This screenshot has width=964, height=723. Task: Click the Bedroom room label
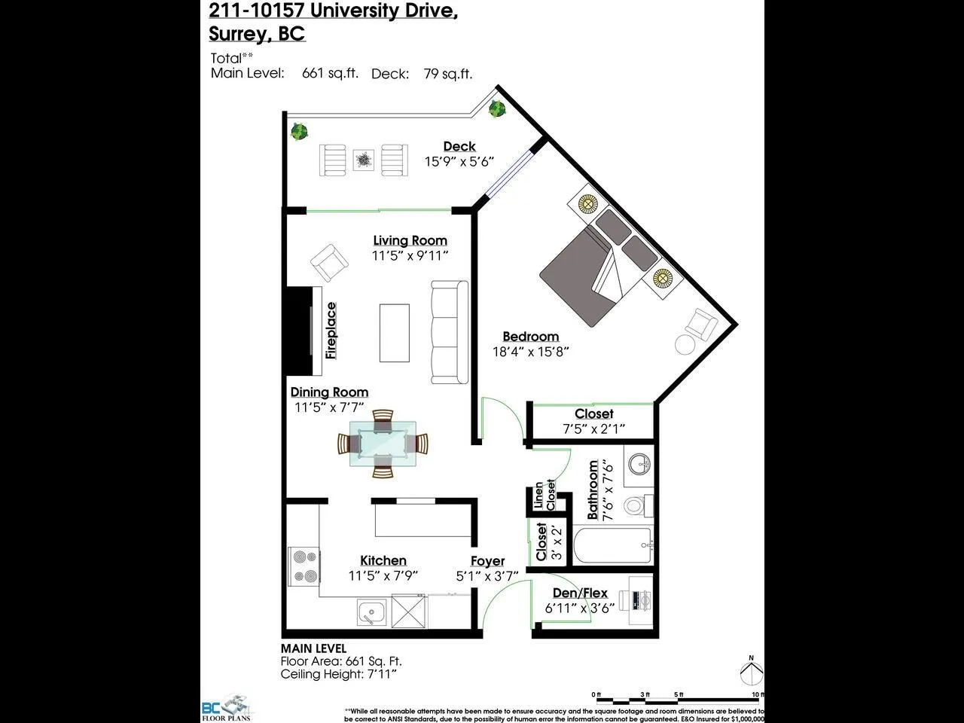click(x=530, y=337)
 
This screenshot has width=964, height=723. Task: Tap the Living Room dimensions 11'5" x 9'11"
click(x=410, y=256)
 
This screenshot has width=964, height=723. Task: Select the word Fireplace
click(x=331, y=331)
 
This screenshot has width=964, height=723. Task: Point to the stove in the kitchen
click(x=304, y=566)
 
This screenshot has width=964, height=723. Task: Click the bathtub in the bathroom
click(x=612, y=546)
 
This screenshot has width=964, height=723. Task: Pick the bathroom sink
click(x=640, y=463)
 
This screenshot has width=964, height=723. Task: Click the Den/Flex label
click(x=580, y=593)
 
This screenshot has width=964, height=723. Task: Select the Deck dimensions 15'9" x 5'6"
click(x=459, y=161)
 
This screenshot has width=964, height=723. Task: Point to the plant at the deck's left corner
click(x=300, y=132)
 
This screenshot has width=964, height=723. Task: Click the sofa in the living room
click(x=449, y=331)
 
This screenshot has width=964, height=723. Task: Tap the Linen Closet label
click(x=544, y=496)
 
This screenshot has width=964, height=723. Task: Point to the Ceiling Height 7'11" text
click(x=338, y=674)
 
